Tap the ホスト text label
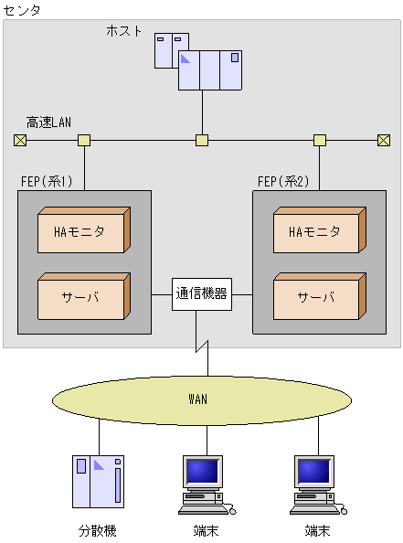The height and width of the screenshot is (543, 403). (x=124, y=30)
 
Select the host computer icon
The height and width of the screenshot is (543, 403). (x=201, y=62)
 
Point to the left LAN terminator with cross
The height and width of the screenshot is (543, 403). (x=20, y=140)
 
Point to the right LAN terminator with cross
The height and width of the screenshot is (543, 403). (x=383, y=140)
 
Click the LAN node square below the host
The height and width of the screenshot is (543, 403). (x=202, y=140)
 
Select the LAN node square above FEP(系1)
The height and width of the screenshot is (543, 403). (x=84, y=140)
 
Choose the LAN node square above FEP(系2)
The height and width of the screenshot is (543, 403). (x=320, y=140)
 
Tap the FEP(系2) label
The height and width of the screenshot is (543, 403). (x=283, y=181)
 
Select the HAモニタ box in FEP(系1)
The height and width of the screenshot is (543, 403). (x=82, y=231)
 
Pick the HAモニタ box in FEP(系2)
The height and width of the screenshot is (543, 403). (x=318, y=231)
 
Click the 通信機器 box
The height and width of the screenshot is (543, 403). (x=201, y=294)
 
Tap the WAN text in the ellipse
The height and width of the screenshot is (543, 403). (x=198, y=399)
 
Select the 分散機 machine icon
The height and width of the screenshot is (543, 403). (x=98, y=482)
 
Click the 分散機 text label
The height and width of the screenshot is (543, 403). (x=98, y=530)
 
